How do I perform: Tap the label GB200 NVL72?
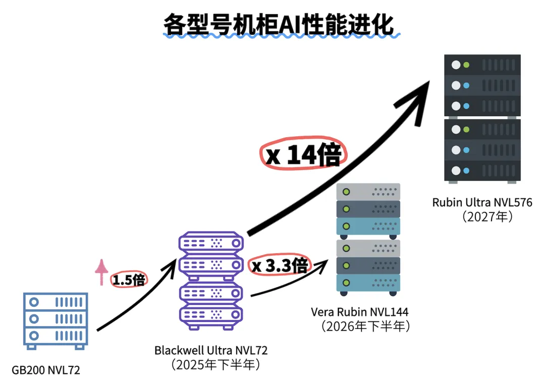click(x=46, y=370)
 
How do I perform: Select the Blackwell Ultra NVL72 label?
click(x=211, y=350)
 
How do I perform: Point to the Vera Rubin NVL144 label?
click(x=360, y=312)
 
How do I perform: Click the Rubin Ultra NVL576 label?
click(x=482, y=203)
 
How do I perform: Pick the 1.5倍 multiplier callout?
click(x=129, y=280)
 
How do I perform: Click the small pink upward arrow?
click(x=102, y=272)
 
